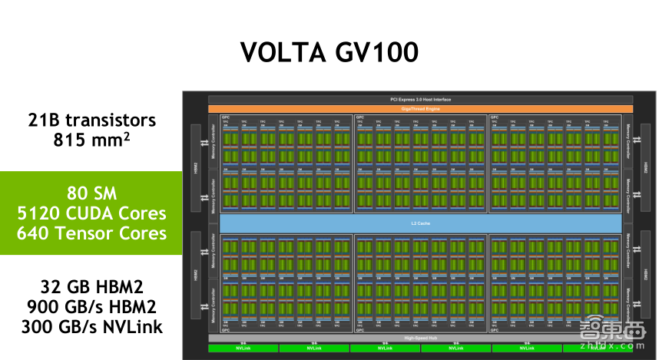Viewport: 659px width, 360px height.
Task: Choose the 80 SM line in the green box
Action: (x=91, y=193)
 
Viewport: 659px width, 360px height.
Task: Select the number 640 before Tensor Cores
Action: (x=40, y=233)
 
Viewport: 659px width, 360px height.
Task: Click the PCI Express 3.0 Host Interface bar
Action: (x=420, y=100)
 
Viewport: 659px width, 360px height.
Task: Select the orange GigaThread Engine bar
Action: (x=420, y=109)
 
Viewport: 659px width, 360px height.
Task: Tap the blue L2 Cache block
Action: (x=420, y=223)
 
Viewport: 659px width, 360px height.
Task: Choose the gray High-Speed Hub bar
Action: (x=420, y=338)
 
